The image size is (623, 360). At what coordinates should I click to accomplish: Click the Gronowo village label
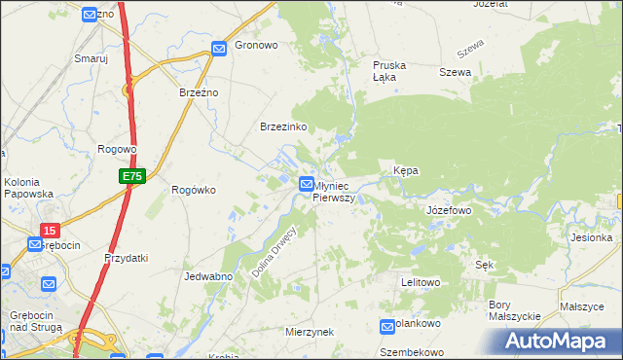click(x=257, y=46)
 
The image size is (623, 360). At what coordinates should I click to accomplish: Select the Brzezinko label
click(x=283, y=126)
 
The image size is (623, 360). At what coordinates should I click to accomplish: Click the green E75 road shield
click(x=132, y=176)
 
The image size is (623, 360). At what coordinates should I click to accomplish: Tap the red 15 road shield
click(x=50, y=231)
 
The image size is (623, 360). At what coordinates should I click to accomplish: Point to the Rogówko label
click(x=193, y=191)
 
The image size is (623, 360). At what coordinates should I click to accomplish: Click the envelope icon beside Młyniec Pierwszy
click(x=306, y=183)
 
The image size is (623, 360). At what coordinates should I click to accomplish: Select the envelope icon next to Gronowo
click(x=220, y=47)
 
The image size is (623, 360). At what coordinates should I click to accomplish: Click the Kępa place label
click(x=405, y=170)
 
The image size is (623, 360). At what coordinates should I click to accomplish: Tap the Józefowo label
click(x=449, y=210)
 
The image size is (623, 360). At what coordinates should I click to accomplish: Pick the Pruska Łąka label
click(x=389, y=71)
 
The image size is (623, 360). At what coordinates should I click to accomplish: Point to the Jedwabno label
click(x=206, y=276)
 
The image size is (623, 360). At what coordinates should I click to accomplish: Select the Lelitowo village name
click(x=421, y=282)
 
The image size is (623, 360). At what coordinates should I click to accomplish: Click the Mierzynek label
click(x=310, y=332)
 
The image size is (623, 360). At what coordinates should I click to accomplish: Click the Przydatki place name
click(x=126, y=258)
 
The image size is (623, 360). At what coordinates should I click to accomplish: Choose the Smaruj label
click(x=91, y=58)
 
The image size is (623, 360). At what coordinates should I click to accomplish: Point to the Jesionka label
click(x=592, y=237)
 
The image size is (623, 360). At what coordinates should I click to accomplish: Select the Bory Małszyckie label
click(x=513, y=310)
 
